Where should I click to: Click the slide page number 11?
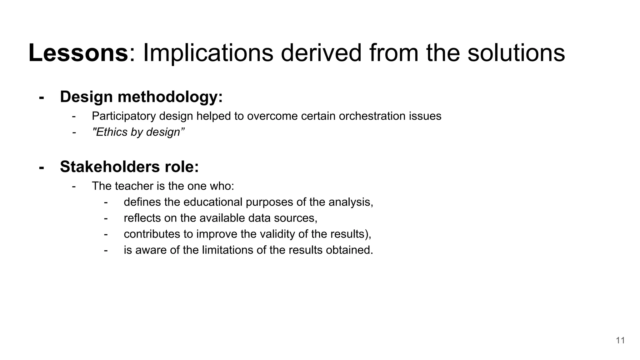click(x=620, y=340)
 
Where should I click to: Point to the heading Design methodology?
click(x=141, y=97)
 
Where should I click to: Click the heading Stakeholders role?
click(x=129, y=167)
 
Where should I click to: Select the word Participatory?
click(x=124, y=116)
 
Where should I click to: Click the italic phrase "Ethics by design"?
click(x=138, y=132)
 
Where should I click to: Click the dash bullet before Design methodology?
click(x=41, y=97)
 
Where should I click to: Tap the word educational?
click(x=213, y=202)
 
